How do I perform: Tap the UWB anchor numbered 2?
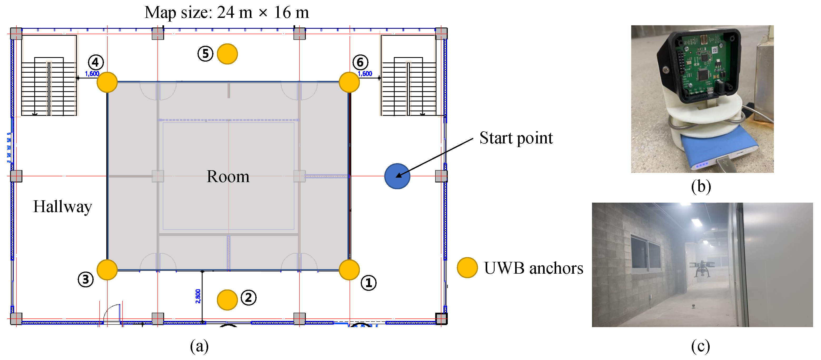pos(227,299)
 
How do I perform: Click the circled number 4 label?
pos(96,62)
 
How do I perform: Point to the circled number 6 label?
pos(360,62)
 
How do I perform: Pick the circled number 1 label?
pos(369,283)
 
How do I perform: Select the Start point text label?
pos(516,138)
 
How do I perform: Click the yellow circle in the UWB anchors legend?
pos(467,268)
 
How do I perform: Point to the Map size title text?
pos(227,13)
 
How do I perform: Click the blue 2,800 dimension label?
pos(198,296)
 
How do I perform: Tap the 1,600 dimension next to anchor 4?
pos(92,74)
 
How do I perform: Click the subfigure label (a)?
pos(199,346)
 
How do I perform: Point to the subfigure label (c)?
pos(700,346)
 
